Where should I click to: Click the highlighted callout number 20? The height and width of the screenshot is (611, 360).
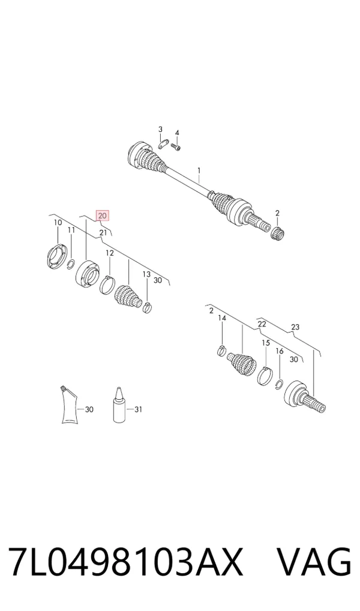[x=103, y=215]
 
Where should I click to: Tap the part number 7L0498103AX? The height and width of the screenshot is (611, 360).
[x=125, y=562]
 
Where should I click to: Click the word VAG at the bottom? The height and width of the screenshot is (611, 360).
[x=314, y=562]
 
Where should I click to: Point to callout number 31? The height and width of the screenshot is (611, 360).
[x=139, y=409]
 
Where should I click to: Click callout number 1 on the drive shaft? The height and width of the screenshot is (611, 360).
[x=199, y=170]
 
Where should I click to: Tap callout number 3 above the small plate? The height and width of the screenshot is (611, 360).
[x=160, y=130]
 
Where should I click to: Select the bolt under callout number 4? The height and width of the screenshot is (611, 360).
[x=176, y=147]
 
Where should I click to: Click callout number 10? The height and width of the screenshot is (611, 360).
[x=58, y=223]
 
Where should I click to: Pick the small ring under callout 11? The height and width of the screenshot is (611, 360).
[x=71, y=264]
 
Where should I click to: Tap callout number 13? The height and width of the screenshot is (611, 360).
[x=146, y=275]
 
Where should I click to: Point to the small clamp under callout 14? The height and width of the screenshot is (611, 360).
[x=221, y=350]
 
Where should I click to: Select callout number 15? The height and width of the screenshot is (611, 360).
[x=265, y=343]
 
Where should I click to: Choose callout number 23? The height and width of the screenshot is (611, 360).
[x=295, y=327]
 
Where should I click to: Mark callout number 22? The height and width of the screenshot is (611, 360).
[x=262, y=324]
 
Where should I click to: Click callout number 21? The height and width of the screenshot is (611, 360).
[x=103, y=233]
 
